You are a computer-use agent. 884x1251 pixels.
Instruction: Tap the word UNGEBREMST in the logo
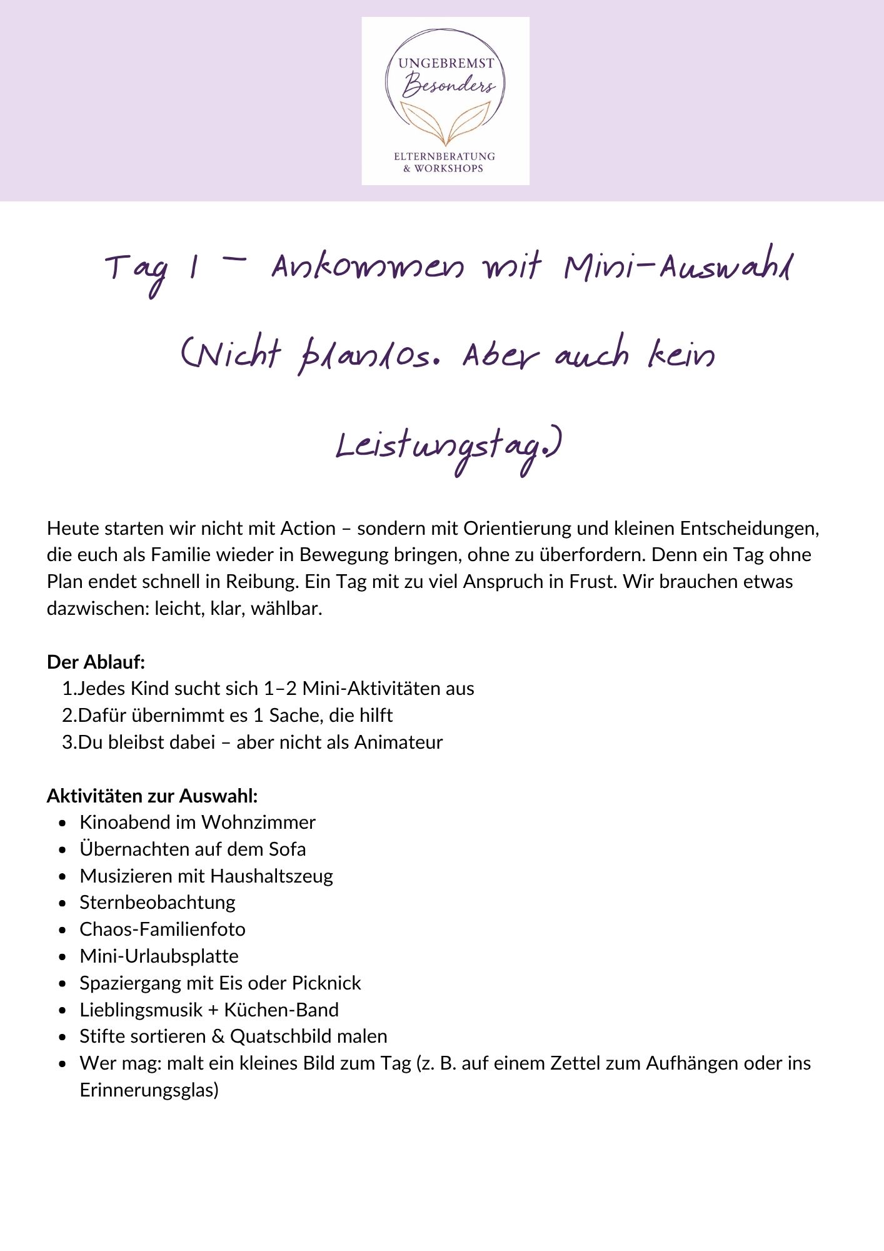(x=446, y=63)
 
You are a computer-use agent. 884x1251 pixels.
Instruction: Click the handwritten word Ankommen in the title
(x=368, y=268)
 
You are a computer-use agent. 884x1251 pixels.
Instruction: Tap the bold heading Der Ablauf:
(x=96, y=662)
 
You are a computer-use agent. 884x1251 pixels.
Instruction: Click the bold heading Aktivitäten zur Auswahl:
(x=152, y=796)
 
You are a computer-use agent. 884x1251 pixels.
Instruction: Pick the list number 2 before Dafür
(x=68, y=716)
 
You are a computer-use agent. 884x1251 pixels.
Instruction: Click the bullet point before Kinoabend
(x=62, y=823)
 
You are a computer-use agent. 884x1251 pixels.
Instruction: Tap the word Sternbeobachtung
(x=158, y=903)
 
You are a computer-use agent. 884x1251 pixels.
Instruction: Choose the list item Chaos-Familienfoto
(x=163, y=929)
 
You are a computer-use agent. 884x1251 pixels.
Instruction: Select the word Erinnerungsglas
(x=149, y=1090)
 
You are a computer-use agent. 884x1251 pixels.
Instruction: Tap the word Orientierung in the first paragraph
(x=517, y=529)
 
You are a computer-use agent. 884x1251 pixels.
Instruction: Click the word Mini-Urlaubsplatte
(x=159, y=956)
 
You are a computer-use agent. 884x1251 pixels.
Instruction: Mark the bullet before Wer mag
(x=62, y=1064)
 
